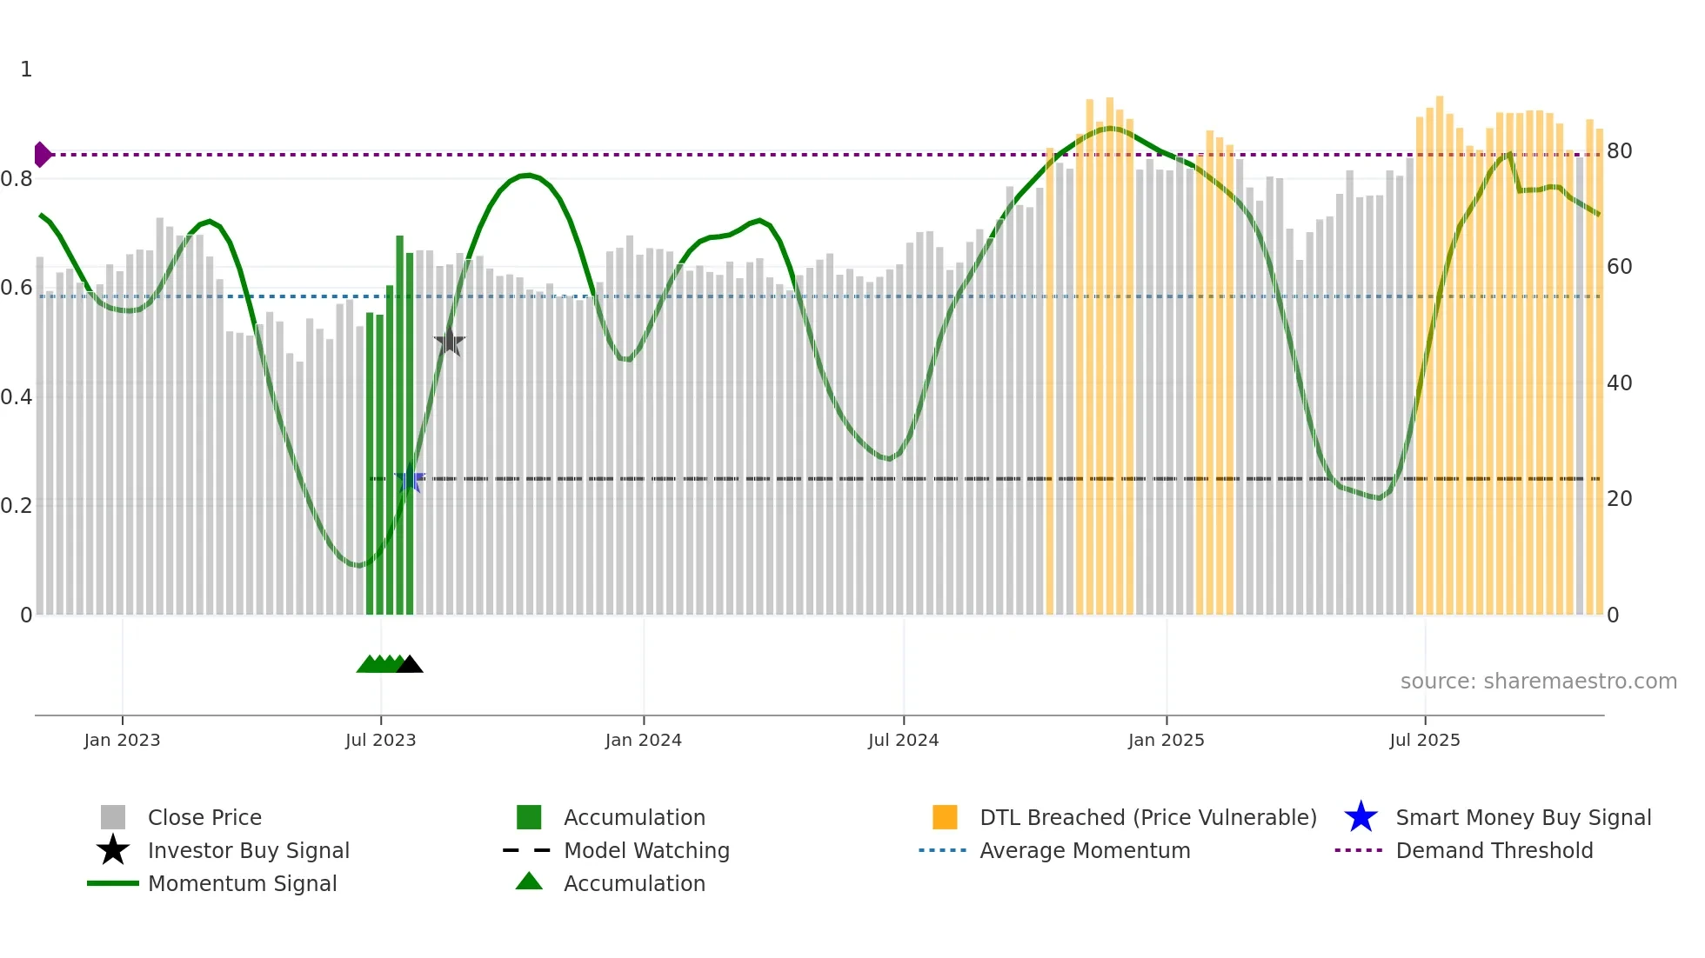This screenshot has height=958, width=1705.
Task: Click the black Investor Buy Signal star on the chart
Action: (x=449, y=342)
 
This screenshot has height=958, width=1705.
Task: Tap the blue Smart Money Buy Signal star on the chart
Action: (x=410, y=479)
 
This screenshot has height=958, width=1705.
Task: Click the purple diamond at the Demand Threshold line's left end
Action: (x=42, y=155)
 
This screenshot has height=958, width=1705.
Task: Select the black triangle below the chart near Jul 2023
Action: (x=409, y=665)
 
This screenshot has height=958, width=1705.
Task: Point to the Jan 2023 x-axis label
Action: (x=122, y=741)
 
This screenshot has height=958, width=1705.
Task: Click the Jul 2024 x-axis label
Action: (x=903, y=741)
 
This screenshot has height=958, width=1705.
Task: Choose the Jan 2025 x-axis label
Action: (x=1166, y=741)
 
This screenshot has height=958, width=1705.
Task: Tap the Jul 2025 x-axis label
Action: (x=1424, y=741)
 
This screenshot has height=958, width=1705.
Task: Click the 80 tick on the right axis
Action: (x=1619, y=151)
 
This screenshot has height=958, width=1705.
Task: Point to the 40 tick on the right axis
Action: (x=1619, y=383)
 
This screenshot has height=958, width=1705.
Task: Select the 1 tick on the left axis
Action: (x=26, y=70)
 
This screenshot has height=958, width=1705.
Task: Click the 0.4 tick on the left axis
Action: (x=17, y=397)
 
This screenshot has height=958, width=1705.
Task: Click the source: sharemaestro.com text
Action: (x=1538, y=682)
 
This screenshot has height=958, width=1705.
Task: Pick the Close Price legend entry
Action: (x=204, y=818)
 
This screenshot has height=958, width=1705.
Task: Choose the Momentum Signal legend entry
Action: (x=242, y=884)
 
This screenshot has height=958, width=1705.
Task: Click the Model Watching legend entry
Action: (x=646, y=851)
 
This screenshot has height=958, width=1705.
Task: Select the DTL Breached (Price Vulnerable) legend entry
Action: (x=1147, y=818)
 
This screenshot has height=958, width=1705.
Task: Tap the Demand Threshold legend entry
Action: (x=1494, y=851)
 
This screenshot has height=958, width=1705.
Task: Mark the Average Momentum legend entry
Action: (x=1085, y=851)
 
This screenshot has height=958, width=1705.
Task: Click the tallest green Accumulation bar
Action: (x=399, y=426)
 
